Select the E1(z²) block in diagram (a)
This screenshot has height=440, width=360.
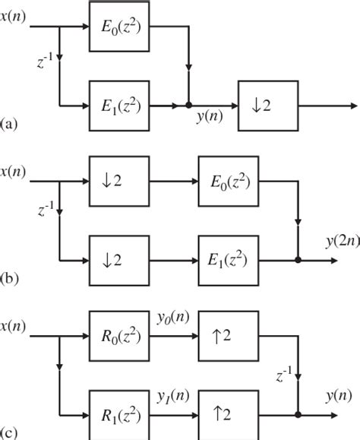(120, 103)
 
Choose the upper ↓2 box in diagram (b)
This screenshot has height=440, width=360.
(120, 183)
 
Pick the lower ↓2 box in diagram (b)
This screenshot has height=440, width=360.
(120, 258)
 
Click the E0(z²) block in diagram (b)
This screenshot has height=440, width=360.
(229, 183)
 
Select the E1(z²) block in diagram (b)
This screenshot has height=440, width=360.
(229, 258)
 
